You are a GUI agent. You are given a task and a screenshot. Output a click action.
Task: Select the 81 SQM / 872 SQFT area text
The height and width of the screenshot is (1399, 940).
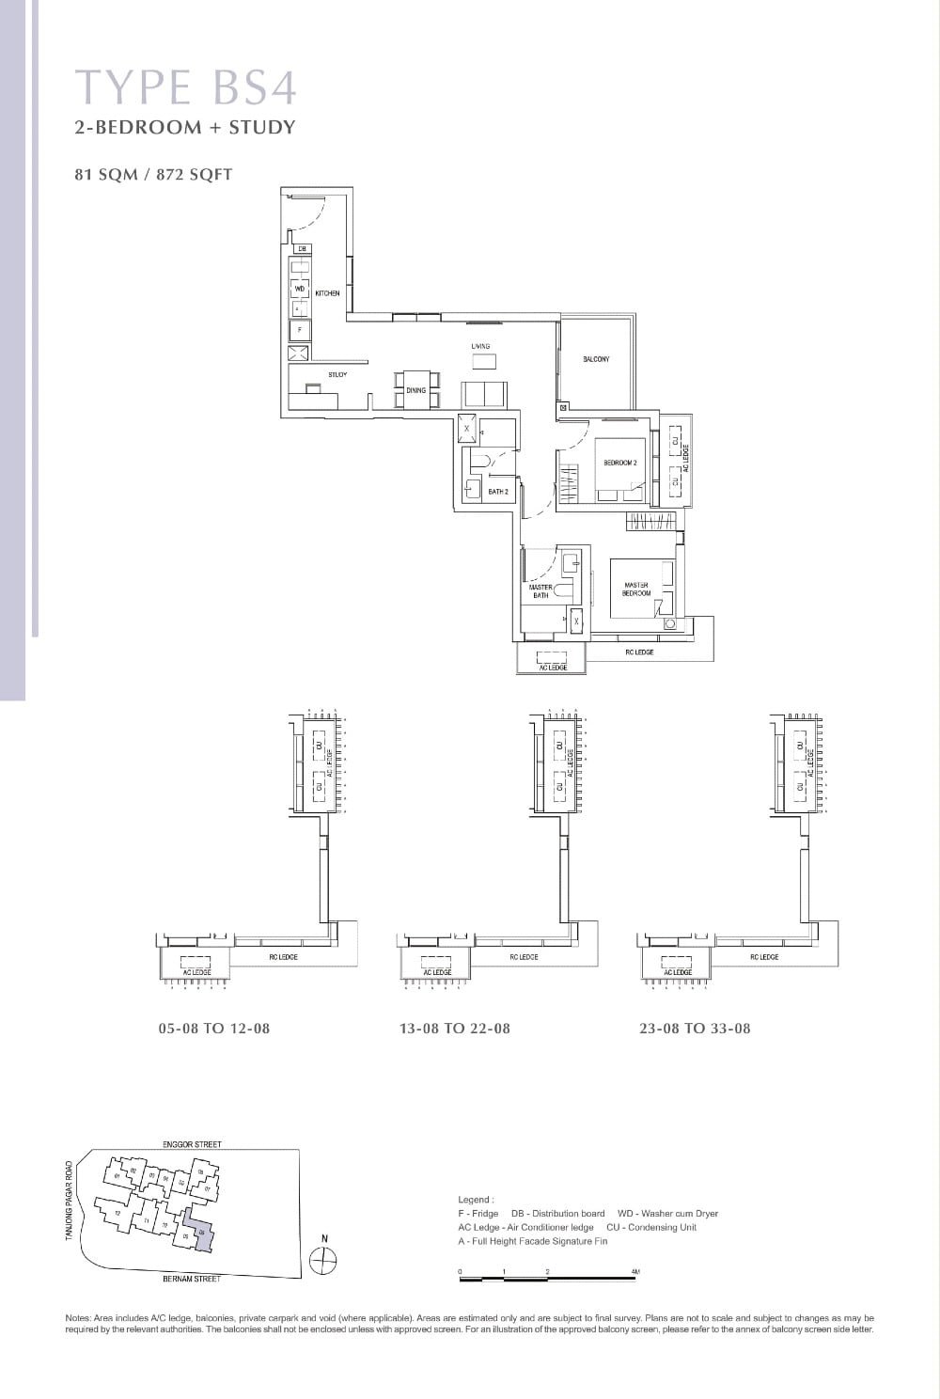tap(153, 174)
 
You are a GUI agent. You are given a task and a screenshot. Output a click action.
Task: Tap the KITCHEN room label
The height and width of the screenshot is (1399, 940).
tap(327, 293)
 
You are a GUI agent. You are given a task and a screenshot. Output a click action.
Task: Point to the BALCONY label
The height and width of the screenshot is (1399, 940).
tap(596, 359)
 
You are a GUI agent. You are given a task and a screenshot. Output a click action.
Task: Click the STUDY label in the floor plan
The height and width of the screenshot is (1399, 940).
tap(337, 375)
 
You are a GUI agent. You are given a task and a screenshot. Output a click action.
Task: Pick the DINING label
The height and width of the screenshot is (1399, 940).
tap(415, 390)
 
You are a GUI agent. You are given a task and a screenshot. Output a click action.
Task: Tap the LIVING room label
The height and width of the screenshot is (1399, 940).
tap(480, 346)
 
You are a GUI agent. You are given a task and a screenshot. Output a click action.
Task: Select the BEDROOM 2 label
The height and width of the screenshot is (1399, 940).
tap(620, 464)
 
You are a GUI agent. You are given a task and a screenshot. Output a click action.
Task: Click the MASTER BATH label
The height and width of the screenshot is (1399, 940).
tap(540, 591)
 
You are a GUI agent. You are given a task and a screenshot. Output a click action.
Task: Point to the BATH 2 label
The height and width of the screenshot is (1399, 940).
tap(498, 492)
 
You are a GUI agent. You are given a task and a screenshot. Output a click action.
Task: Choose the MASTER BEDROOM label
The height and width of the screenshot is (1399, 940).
tap(636, 589)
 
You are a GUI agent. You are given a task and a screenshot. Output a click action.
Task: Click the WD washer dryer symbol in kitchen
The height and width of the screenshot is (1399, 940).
tap(300, 289)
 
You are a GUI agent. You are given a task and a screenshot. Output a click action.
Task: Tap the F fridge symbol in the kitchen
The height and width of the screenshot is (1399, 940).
tap(300, 330)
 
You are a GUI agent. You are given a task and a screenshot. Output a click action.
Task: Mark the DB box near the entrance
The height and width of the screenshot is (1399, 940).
tap(302, 248)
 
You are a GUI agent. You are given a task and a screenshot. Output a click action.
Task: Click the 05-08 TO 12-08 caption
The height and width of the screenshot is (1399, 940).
tap(214, 1029)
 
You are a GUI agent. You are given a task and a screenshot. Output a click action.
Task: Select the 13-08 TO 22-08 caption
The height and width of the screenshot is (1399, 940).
tap(455, 1029)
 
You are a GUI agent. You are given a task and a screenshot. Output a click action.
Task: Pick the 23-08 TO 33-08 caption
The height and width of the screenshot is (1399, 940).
tap(695, 1029)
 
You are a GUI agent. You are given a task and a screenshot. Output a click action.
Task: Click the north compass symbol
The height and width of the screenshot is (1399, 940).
tap(323, 1259)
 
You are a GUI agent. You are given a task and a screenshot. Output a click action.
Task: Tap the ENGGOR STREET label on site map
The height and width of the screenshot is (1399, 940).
tap(192, 1144)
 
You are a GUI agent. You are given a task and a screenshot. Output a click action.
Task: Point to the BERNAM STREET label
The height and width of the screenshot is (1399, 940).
tap(192, 1279)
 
